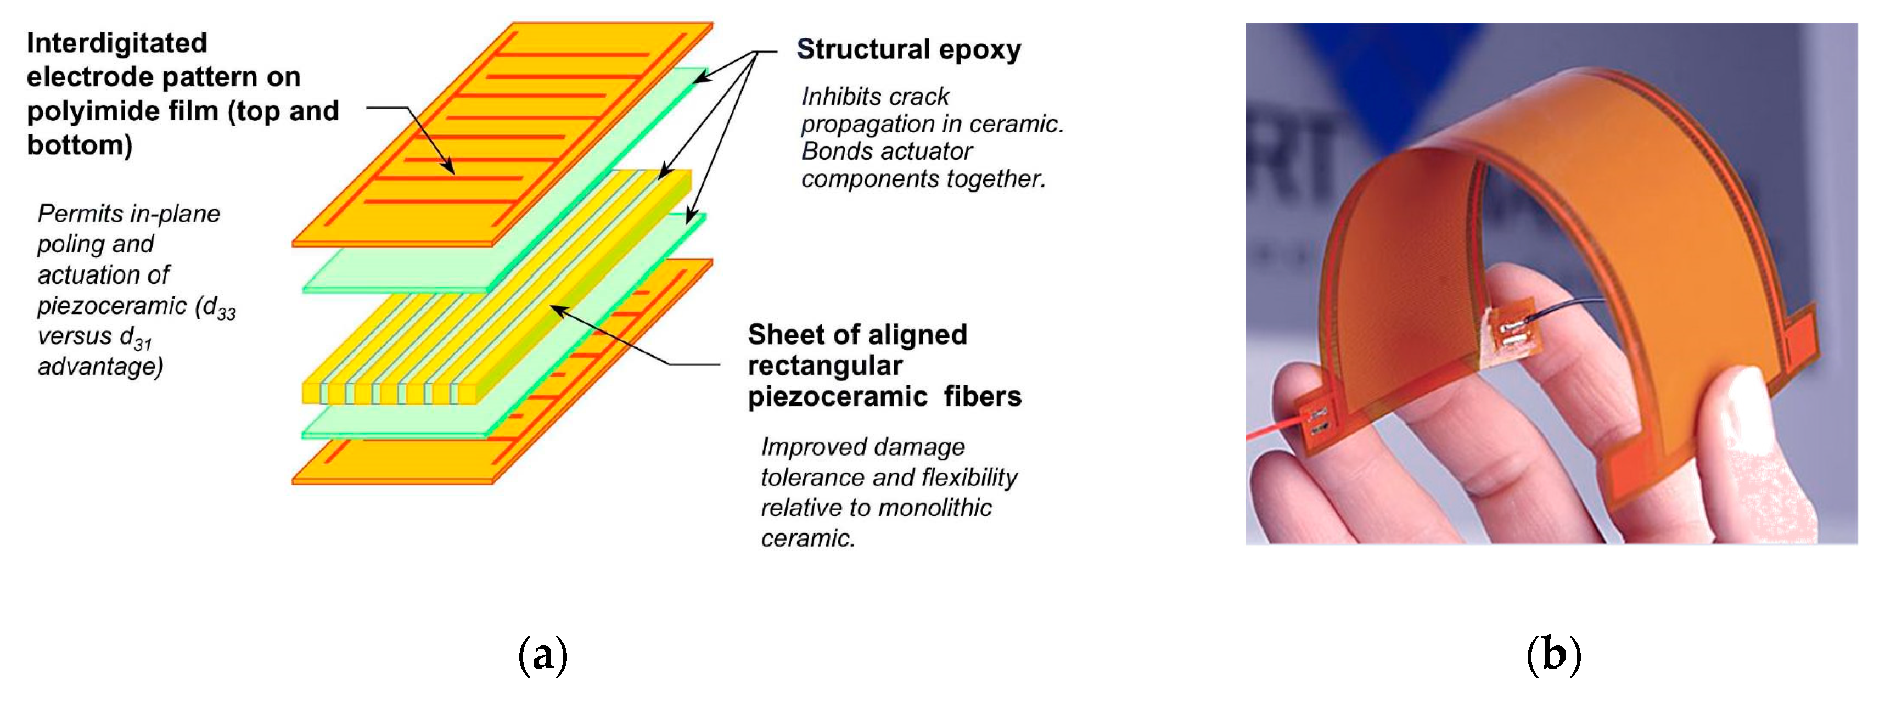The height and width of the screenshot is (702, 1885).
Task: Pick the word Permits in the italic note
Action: (x=80, y=214)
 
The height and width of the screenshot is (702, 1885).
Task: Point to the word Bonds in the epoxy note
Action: (x=837, y=151)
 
